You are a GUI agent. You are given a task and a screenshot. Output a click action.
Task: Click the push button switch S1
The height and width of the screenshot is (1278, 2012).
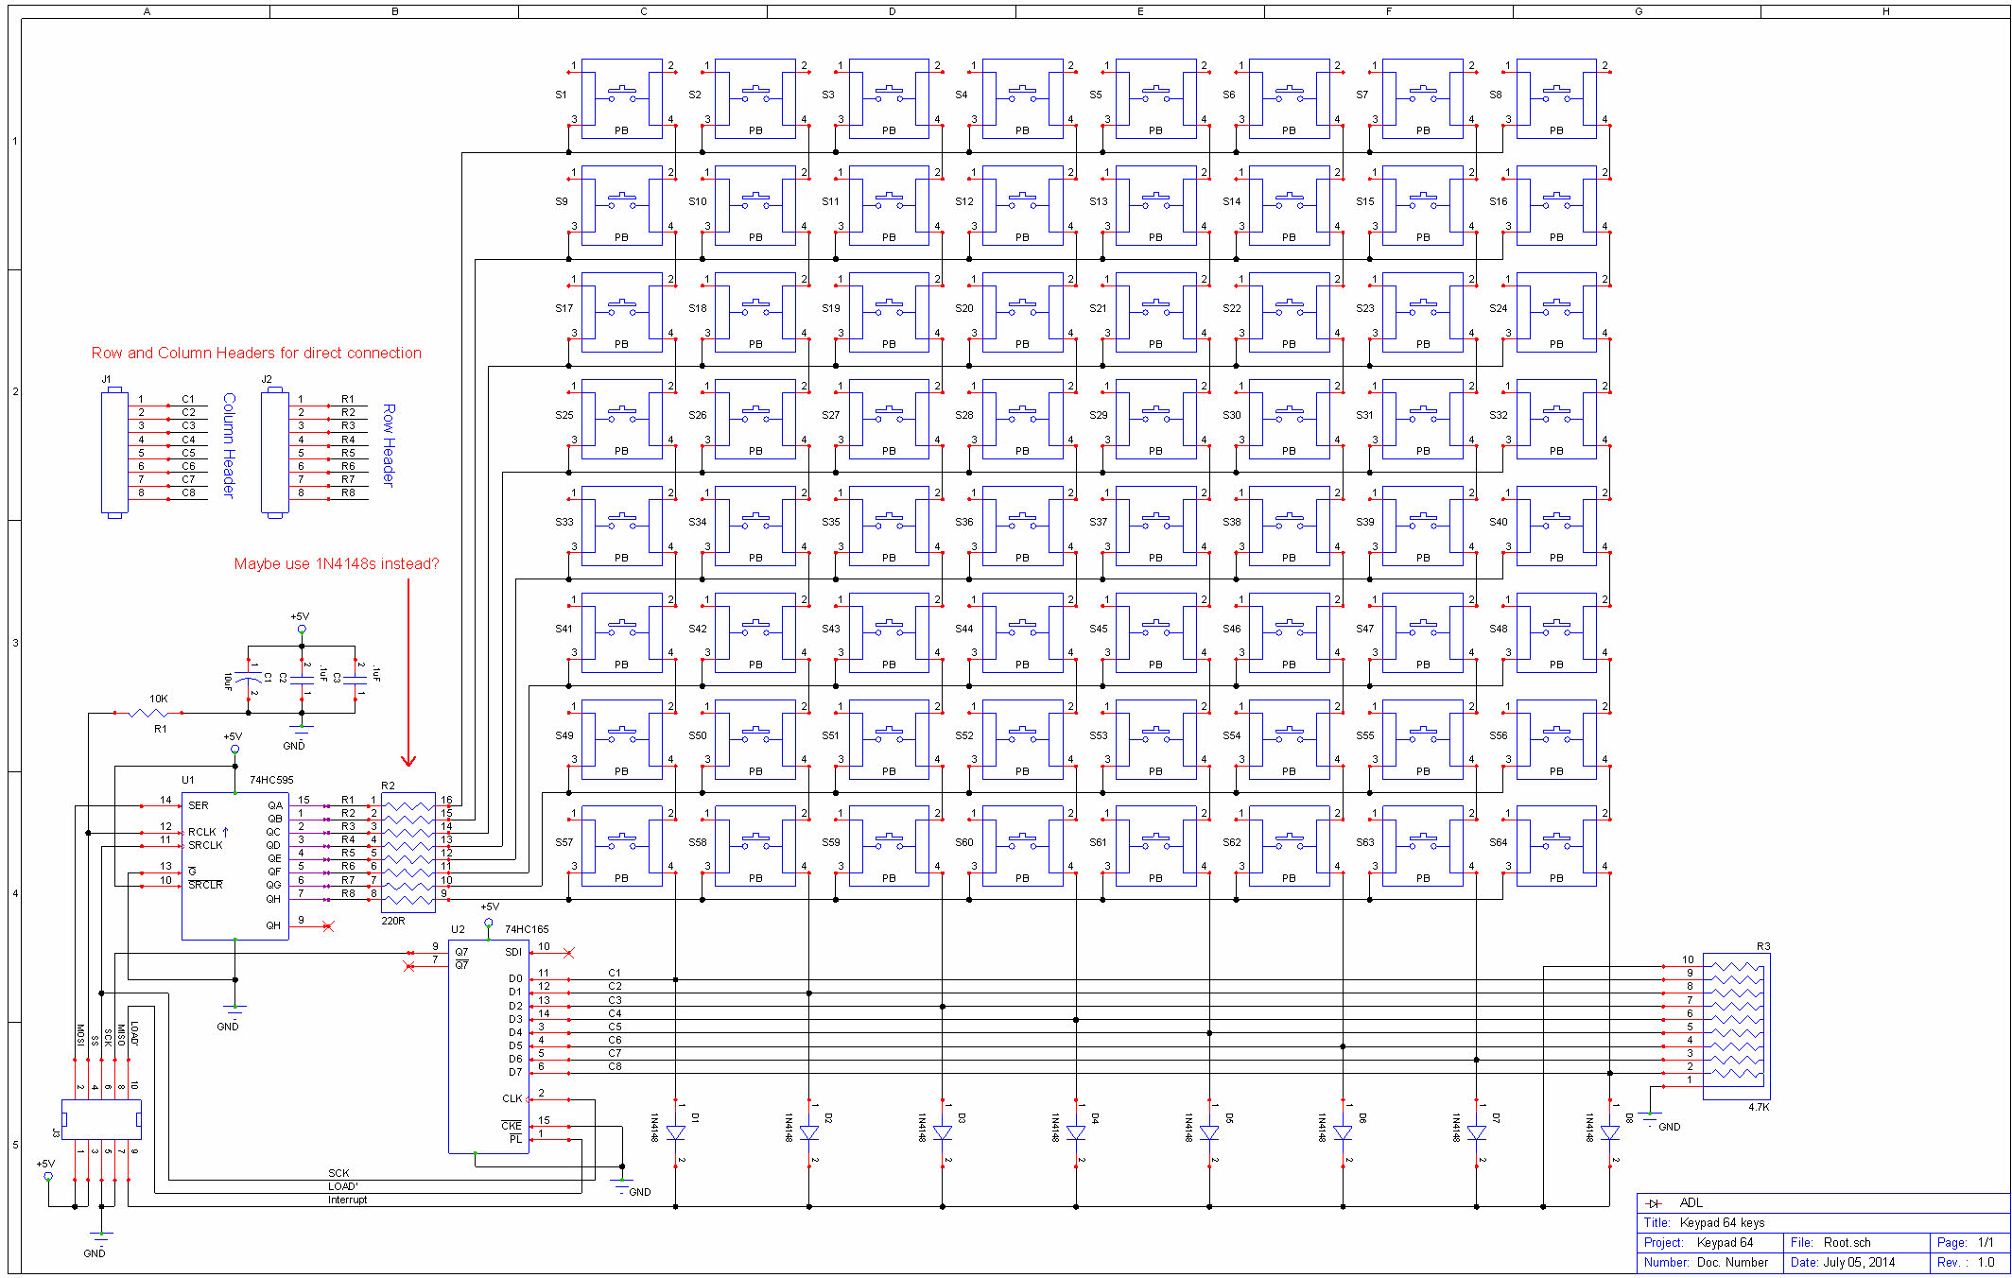[x=621, y=98]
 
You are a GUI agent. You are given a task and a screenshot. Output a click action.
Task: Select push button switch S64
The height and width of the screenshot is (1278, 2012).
[x=1555, y=845]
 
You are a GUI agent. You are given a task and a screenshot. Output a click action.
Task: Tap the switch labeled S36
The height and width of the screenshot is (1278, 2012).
[x=1022, y=526]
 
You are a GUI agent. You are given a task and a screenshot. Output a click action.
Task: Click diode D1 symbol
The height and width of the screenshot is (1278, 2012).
[x=675, y=1132]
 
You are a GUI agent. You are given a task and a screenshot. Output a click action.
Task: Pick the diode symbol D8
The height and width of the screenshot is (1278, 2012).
[x=1609, y=1132]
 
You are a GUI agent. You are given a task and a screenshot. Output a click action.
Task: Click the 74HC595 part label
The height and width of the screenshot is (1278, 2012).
[x=271, y=780]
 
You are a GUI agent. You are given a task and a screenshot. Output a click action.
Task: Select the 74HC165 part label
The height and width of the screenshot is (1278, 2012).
[x=527, y=929]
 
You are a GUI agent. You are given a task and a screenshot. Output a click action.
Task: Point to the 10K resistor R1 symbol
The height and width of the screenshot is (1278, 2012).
[x=149, y=713]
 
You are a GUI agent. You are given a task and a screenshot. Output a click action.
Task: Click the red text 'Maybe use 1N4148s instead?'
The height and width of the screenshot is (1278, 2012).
[x=336, y=563]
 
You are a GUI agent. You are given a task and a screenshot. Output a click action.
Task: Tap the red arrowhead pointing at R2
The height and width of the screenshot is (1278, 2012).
[x=408, y=760]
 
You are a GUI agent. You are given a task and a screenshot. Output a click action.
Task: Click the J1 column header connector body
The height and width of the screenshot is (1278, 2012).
[x=114, y=452]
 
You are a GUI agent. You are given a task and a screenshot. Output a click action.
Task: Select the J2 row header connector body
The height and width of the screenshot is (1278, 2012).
[x=274, y=452]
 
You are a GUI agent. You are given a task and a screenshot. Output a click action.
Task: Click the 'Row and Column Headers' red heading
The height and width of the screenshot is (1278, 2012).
[x=256, y=353]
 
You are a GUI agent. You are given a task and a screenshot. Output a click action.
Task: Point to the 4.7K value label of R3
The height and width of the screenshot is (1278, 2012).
[x=1758, y=1107]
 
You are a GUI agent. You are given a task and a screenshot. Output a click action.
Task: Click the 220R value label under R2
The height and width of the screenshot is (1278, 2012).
[x=393, y=920]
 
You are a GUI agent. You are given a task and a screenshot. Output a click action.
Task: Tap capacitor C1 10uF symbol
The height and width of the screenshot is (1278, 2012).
[x=249, y=680]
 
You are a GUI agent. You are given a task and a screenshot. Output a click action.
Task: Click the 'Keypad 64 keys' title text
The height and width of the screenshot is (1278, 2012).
[x=1722, y=1222]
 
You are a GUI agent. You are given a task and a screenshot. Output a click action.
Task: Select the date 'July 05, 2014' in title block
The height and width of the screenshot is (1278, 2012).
[x=1858, y=1262]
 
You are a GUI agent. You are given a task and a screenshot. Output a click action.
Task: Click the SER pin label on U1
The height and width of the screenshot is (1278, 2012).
[x=198, y=805]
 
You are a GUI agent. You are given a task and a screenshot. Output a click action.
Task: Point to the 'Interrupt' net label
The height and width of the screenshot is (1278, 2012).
[x=347, y=1200]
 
